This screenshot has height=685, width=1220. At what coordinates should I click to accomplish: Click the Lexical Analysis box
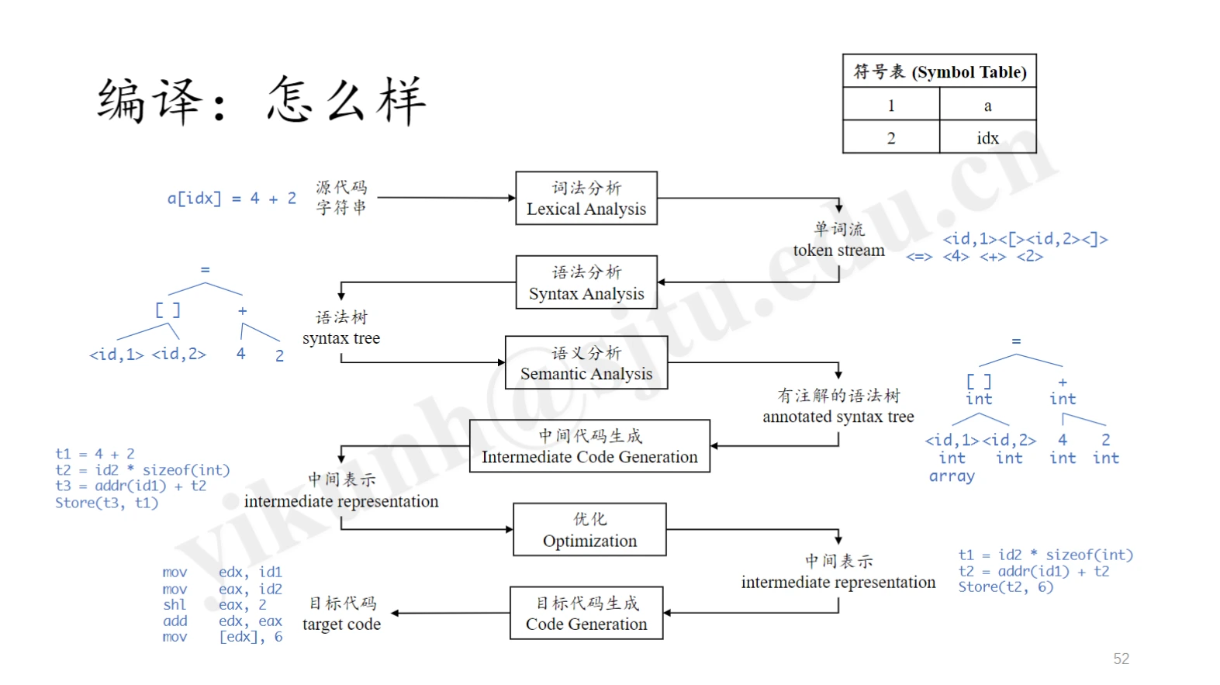click(586, 199)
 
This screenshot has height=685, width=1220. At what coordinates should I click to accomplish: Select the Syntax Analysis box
click(586, 282)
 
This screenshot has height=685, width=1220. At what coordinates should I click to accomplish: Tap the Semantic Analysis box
click(586, 363)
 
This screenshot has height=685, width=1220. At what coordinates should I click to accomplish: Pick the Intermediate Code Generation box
click(589, 446)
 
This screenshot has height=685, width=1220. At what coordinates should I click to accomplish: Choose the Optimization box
click(589, 530)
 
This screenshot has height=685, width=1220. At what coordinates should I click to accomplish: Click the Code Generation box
click(586, 613)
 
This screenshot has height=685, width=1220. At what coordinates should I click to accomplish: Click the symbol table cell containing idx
click(987, 138)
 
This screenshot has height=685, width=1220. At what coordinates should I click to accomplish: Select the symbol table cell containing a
click(987, 106)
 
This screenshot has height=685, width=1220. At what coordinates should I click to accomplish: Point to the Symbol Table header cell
click(939, 71)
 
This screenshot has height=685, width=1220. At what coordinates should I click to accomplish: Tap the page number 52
click(1121, 659)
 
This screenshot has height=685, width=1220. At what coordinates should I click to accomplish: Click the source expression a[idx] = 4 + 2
click(231, 199)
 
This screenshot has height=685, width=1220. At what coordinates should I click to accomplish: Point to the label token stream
click(838, 251)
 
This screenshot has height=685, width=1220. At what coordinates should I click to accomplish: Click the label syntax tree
click(341, 338)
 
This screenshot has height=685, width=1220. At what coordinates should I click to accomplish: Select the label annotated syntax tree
click(838, 417)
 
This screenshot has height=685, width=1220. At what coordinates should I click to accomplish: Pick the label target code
click(341, 624)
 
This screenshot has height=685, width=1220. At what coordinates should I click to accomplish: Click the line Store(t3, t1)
click(106, 503)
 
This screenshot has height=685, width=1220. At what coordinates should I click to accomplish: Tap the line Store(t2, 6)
click(1005, 587)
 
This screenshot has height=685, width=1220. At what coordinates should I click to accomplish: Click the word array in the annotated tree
click(952, 476)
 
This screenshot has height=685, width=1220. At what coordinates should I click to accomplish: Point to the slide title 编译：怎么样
click(261, 101)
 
